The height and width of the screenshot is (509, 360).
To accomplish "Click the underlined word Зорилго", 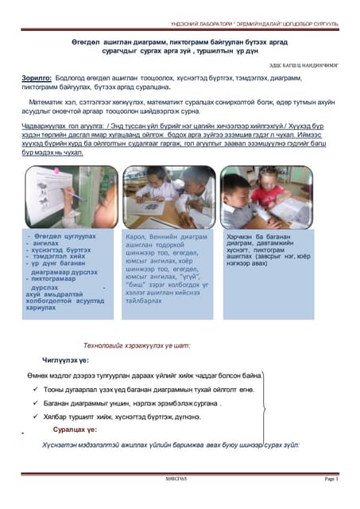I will pyautogui.click(x=37, y=78).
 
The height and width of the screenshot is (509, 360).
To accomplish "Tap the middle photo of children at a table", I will pyautogui.click(x=169, y=196).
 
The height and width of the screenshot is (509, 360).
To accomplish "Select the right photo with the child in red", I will pyautogui.click(x=267, y=197).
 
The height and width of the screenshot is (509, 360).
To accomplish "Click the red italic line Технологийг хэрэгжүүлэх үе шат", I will pyautogui.click(x=137, y=345).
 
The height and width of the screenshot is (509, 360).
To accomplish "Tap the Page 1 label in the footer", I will pyautogui.click(x=331, y=480).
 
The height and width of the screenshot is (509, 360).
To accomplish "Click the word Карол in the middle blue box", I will pyautogui.click(x=137, y=237).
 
